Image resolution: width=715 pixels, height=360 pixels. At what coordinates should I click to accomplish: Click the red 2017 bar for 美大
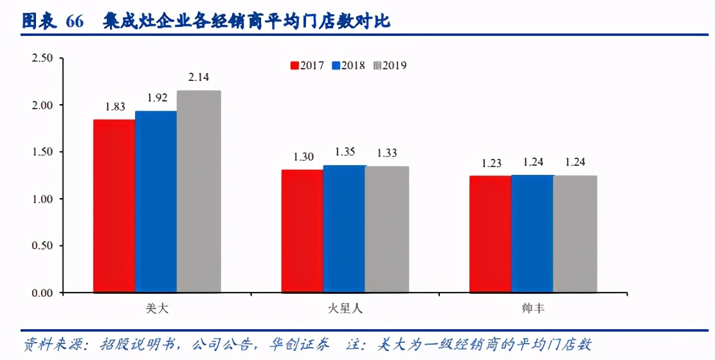tap(114, 206)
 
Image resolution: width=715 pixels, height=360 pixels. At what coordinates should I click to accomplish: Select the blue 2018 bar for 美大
tap(156, 202)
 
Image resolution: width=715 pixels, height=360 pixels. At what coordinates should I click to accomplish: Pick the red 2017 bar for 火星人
tap(302, 231)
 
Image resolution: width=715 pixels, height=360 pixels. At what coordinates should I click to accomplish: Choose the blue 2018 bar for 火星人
tap(344, 229)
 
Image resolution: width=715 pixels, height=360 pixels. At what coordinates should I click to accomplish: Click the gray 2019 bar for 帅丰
tap(575, 234)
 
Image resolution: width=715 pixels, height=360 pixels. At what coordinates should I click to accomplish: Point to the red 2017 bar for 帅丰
tap(490, 234)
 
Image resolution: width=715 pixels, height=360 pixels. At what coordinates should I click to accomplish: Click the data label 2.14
tap(199, 78)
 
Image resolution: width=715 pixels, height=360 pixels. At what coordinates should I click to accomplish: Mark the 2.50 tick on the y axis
tap(42, 59)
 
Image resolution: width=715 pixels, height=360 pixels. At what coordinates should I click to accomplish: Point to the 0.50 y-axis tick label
tap(42, 246)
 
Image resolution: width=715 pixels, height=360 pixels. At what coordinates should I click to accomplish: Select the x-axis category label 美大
tap(156, 309)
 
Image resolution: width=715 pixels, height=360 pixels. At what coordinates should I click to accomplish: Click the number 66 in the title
tap(75, 22)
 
